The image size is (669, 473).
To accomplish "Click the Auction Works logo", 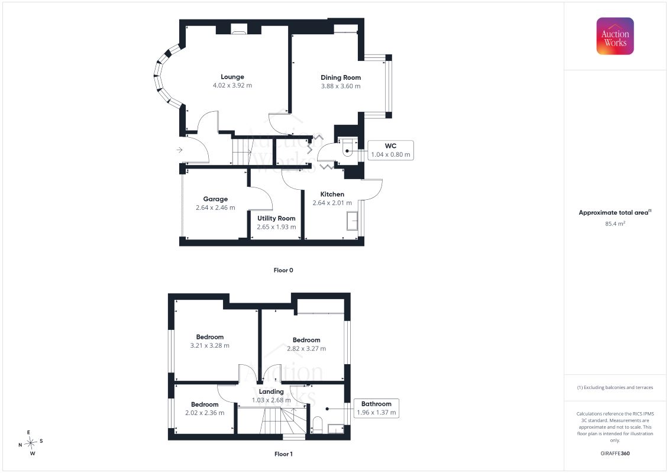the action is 615,36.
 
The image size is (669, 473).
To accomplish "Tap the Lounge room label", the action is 232,77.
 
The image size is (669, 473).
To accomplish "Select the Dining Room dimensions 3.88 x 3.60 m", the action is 341,86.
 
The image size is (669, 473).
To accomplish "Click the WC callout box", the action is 390,150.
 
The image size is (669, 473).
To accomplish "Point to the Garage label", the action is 215,199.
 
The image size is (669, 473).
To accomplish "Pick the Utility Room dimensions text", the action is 276,227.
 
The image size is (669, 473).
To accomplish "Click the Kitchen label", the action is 332,194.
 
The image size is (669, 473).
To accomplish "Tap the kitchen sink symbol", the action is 352,221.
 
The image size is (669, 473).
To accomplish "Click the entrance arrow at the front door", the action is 180,150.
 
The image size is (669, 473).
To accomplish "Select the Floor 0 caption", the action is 283,270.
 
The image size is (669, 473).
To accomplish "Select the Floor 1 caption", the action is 283,454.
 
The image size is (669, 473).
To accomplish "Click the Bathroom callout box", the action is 376,408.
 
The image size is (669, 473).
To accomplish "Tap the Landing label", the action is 271,391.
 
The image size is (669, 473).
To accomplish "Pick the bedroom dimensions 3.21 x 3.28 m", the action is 209,345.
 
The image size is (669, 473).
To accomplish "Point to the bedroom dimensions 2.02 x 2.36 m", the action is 205,413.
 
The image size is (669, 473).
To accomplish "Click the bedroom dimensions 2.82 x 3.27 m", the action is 306,348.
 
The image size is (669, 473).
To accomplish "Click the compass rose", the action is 31,443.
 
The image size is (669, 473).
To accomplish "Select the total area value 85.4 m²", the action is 615,223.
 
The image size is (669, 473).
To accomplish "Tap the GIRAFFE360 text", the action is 615,453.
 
